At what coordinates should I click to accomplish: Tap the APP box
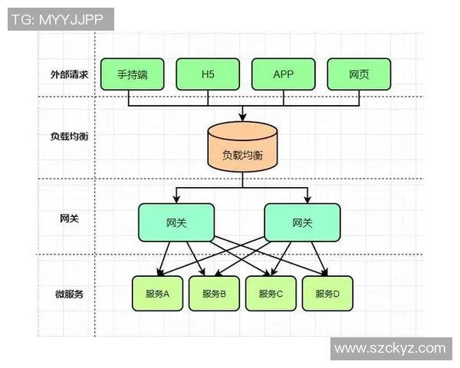click(x=283, y=74)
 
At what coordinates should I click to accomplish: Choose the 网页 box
click(x=359, y=74)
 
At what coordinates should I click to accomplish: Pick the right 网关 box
click(x=302, y=222)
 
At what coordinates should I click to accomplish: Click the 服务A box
click(x=157, y=294)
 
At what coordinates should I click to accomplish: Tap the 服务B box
click(x=214, y=294)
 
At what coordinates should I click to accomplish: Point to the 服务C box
click(x=271, y=294)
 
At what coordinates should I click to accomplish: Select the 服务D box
click(x=327, y=294)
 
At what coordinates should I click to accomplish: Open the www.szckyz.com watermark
click(x=390, y=349)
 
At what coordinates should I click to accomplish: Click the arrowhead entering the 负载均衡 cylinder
click(x=242, y=117)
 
